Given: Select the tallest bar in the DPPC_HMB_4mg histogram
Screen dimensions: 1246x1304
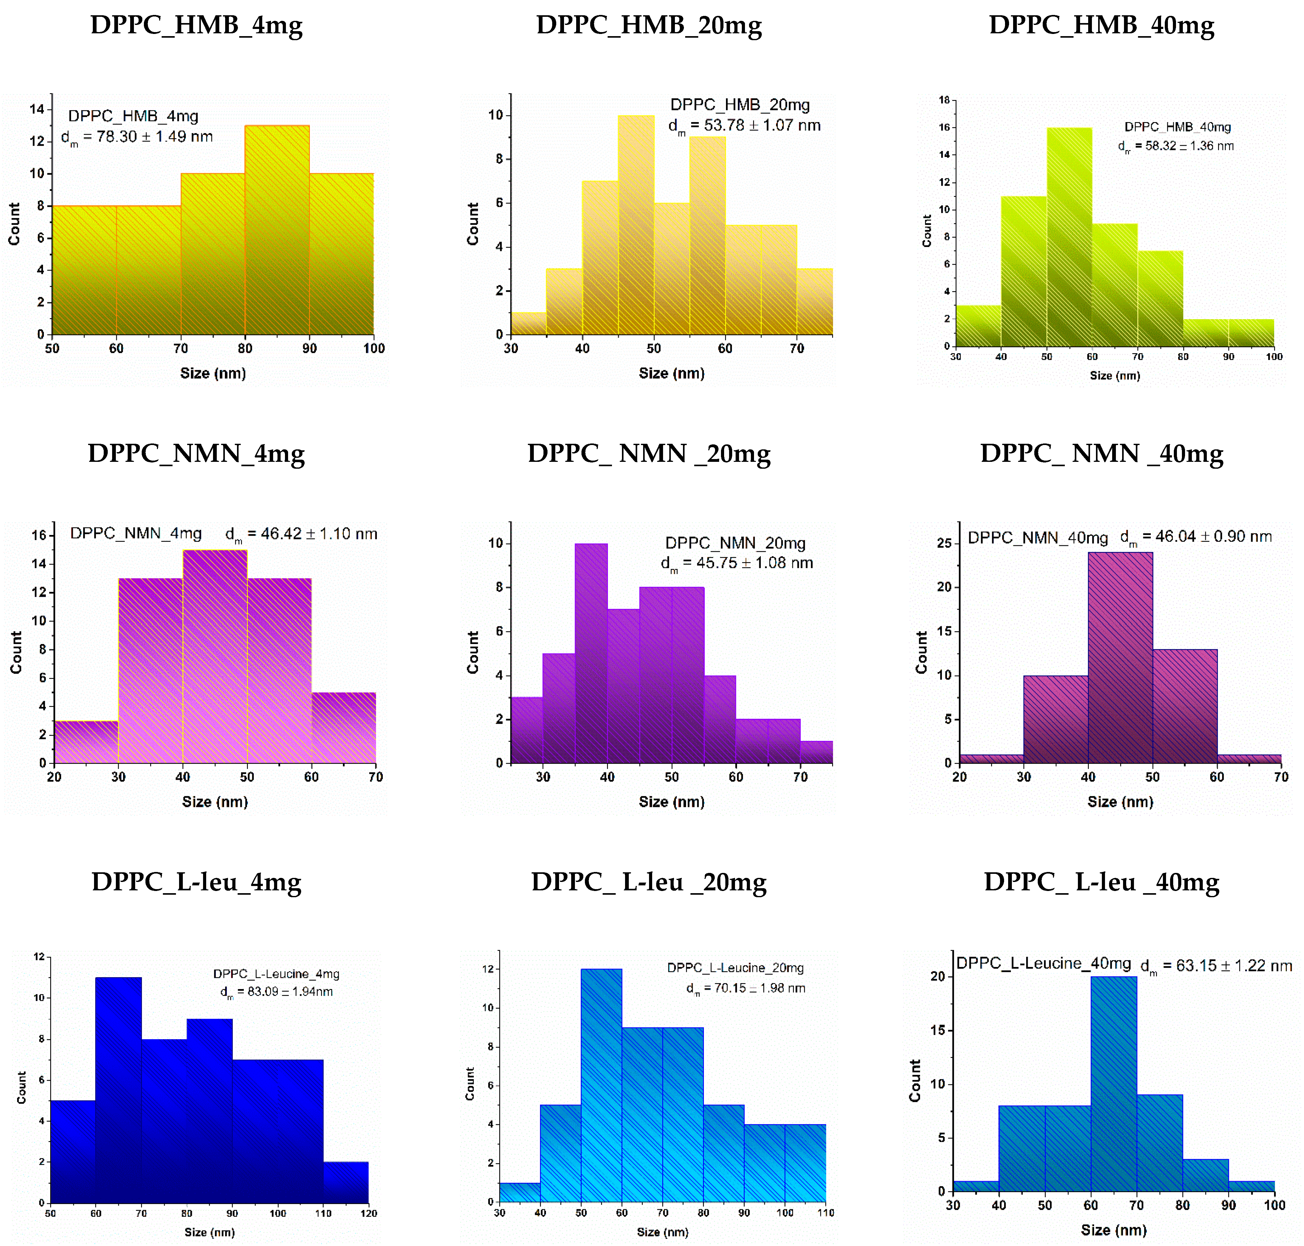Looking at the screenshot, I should [277, 229].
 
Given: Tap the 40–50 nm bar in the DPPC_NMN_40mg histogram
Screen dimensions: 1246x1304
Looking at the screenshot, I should [1120, 657].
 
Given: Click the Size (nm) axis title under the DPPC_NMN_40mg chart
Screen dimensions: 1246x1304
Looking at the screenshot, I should [1120, 802].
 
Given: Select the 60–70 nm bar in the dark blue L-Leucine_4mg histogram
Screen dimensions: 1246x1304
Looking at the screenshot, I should [118, 1089].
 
